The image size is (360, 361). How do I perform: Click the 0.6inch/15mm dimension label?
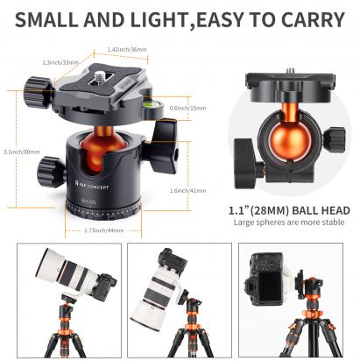(x=187, y=108)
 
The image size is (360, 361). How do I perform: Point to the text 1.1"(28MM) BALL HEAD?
(x=289, y=210)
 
